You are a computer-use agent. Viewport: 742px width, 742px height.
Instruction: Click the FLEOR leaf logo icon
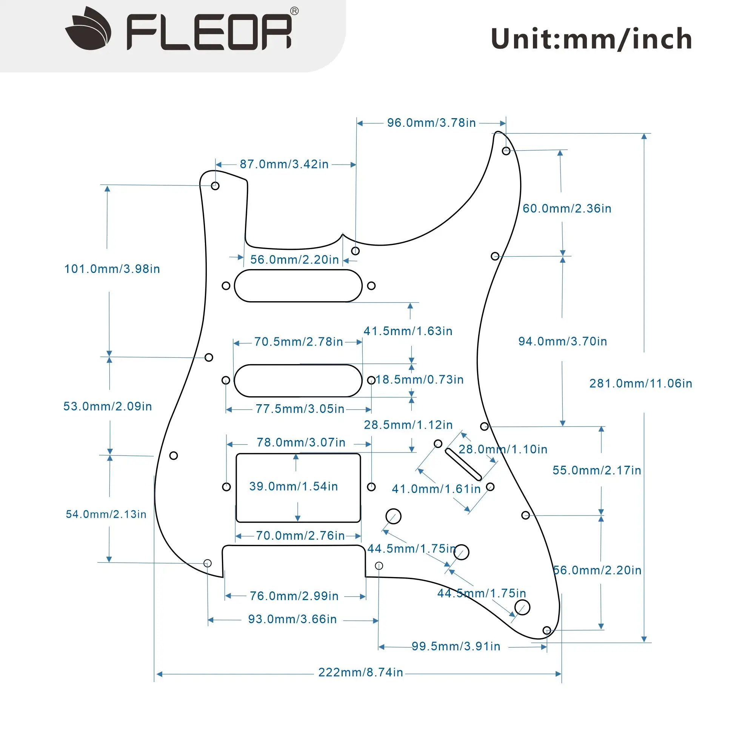[88, 29]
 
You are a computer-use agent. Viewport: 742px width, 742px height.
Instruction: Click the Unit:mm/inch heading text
[591, 39]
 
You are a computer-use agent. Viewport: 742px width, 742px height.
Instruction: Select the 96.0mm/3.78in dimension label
[431, 123]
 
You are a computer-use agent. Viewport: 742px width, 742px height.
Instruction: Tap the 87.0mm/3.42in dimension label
[284, 165]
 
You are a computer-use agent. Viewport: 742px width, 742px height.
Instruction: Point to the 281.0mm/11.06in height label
[640, 383]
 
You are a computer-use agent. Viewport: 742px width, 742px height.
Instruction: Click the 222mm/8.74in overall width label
[361, 672]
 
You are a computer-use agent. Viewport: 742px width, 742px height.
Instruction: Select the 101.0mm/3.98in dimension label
[112, 269]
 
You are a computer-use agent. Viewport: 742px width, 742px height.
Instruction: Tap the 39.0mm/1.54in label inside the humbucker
[293, 486]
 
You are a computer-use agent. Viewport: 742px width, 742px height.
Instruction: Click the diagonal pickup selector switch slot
[463, 464]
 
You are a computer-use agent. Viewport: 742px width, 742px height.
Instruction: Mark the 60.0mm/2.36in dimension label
[567, 209]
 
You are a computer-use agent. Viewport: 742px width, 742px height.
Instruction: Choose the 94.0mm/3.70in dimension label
[563, 342]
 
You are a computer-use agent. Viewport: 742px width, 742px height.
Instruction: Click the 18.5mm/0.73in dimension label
[419, 379]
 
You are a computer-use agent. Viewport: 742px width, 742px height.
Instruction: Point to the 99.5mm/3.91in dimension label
[456, 646]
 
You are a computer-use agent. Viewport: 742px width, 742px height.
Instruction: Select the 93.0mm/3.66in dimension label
[292, 619]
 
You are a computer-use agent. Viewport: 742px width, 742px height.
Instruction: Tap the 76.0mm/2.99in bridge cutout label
[294, 596]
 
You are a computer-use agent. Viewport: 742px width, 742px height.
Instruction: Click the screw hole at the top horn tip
[506, 151]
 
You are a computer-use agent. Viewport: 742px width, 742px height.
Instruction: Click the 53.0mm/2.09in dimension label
[108, 406]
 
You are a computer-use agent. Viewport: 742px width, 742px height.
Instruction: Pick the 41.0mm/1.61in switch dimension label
[436, 489]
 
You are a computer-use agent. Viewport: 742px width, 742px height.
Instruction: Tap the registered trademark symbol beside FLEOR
[294, 11]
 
